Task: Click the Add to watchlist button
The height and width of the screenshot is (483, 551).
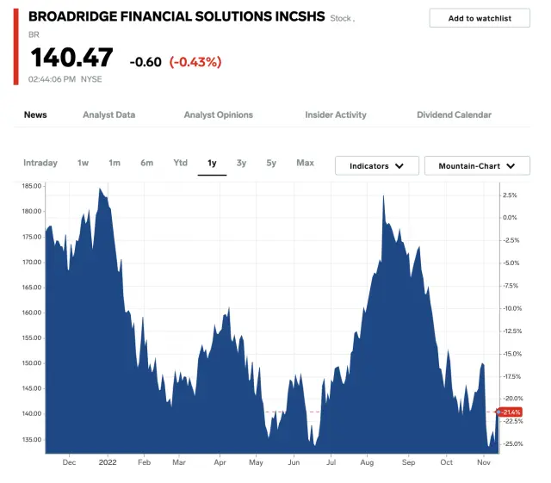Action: click(x=480, y=18)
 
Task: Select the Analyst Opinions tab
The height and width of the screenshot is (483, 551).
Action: click(x=219, y=115)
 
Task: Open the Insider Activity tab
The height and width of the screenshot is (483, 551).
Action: click(x=336, y=115)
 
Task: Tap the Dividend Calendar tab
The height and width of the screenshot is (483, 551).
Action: click(x=454, y=115)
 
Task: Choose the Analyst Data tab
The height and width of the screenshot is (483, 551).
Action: click(x=108, y=115)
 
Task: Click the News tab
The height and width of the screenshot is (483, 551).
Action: click(x=35, y=115)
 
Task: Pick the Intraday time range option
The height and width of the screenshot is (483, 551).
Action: click(x=40, y=163)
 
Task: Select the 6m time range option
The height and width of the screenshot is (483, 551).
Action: click(x=147, y=163)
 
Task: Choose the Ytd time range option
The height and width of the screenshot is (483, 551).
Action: click(x=180, y=163)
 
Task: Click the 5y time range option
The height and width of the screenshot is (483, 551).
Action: click(x=271, y=163)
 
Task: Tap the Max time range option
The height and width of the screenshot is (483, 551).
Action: click(x=305, y=163)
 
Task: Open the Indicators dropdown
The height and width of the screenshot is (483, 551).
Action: click(x=376, y=165)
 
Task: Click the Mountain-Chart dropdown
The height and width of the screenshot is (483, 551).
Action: click(x=477, y=165)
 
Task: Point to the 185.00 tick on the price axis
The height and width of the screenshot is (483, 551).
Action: click(x=32, y=186)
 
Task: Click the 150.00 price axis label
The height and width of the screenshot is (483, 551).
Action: click(x=32, y=363)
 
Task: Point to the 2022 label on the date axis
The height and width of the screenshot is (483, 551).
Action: click(x=107, y=462)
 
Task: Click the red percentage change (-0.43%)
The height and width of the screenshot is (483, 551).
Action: click(x=195, y=62)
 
